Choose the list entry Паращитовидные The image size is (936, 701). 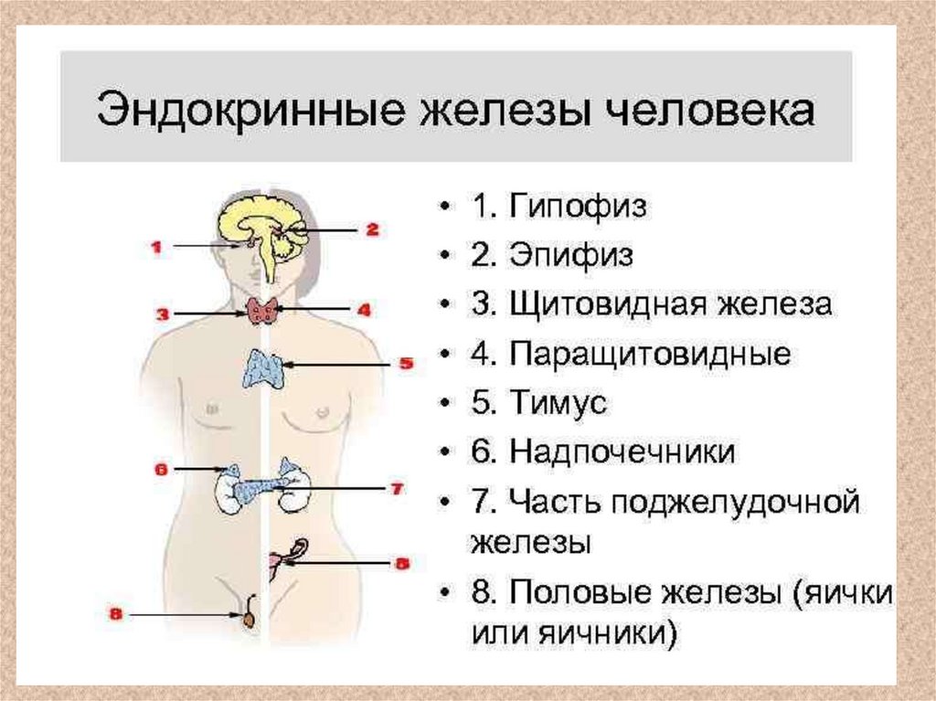tap(650, 353)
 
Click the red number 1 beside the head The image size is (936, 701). tap(156, 246)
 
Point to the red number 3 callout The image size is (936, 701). tap(163, 314)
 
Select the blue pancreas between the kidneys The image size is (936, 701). tap(261, 489)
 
